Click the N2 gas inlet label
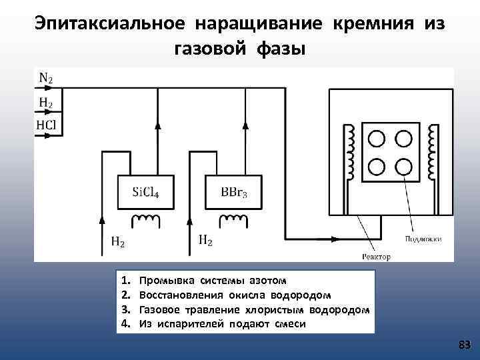45,78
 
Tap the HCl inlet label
46,125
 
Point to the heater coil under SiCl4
145,219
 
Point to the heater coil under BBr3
233,219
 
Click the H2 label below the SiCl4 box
117,242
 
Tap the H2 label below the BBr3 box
206,239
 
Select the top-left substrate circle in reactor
377,138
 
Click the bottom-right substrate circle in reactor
403,165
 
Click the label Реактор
376,257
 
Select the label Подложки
423,239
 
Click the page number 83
465,345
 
